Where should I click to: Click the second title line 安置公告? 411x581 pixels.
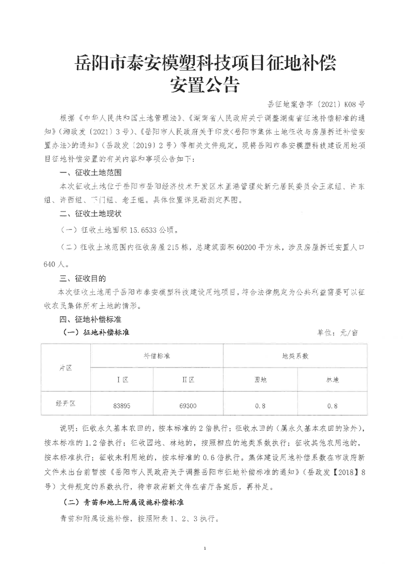[205, 83]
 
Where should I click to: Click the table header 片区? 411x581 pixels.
[65, 367]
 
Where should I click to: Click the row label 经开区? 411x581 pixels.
[65, 402]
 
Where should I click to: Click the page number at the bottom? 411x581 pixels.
[206, 548]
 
